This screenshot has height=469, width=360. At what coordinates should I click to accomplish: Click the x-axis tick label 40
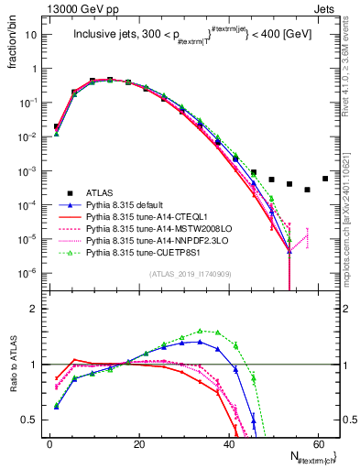click(x=227, y=442)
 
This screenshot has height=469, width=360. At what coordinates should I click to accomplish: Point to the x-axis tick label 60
click(x=316, y=442)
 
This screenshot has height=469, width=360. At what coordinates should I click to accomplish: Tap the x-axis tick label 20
click(x=138, y=442)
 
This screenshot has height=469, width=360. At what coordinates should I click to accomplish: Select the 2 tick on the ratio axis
click(x=38, y=309)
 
